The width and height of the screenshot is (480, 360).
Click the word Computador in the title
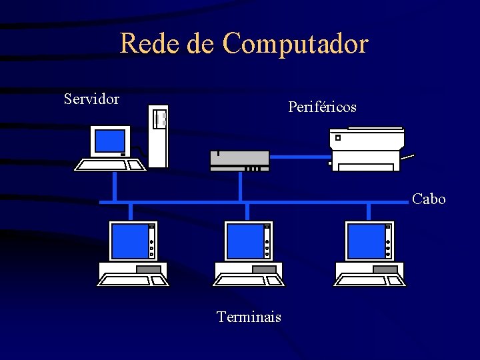point(295,44)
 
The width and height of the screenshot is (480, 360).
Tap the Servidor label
point(91,99)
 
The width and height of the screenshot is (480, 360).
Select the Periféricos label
point(322,107)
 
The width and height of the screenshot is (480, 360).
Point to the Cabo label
point(429,199)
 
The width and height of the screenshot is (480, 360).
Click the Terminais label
point(249,317)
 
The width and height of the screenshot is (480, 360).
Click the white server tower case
point(158,137)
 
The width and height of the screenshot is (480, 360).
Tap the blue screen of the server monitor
point(110,141)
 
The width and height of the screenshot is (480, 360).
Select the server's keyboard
point(110,165)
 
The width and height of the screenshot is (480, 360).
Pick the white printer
point(367,149)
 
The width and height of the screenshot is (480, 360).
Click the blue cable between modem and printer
point(300,157)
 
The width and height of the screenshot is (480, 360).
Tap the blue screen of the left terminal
point(129,241)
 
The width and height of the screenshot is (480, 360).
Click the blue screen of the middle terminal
point(245,241)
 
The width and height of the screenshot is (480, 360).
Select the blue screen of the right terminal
point(366,241)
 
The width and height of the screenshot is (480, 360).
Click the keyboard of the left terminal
point(133,281)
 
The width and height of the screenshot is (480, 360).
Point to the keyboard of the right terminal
point(370,281)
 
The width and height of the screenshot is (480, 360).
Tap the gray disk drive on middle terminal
point(264,269)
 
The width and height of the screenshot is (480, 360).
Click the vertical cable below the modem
point(240,187)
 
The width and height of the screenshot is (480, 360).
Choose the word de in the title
point(201,44)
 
